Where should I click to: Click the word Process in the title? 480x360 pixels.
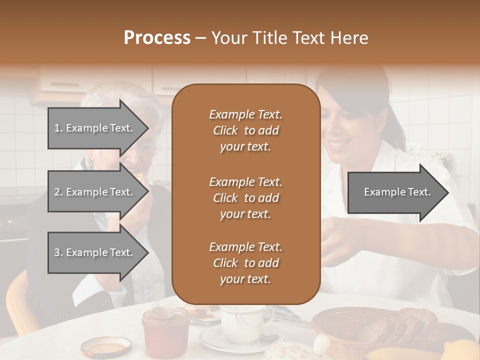[157, 38]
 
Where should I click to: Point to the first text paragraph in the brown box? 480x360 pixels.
[245, 130]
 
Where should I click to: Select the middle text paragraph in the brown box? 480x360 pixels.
[245, 198]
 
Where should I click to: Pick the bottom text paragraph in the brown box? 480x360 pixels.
[245, 263]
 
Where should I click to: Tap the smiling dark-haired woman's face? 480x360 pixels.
[340, 135]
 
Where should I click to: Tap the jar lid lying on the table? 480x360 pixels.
[106, 346]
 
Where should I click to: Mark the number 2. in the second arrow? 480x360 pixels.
[58, 192]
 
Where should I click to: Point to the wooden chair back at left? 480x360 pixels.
[20, 305]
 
